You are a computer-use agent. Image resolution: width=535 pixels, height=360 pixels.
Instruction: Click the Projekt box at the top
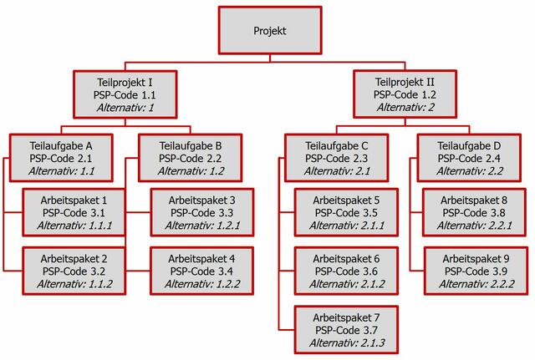tap(270, 30)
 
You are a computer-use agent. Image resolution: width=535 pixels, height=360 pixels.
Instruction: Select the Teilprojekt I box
tap(125, 94)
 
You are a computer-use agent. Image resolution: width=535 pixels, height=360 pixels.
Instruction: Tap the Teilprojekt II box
tap(405, 94)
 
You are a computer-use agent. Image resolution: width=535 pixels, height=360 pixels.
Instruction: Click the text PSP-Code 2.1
tap(61, 158)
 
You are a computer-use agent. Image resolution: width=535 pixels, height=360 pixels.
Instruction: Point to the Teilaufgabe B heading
tap(191, 146)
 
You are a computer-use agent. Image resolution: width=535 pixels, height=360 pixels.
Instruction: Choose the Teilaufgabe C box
tap(336, 158)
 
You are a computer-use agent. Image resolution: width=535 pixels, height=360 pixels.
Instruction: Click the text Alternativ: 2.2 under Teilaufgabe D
tap(470, 170)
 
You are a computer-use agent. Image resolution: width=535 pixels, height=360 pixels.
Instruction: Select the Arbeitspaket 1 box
tap(74, 212)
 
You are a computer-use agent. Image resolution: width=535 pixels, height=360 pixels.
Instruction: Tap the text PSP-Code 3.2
tap(74, 271)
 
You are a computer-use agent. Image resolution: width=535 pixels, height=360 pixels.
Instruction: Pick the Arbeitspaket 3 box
tap(202, 212)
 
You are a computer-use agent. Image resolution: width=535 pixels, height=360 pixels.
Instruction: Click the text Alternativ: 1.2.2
tap(202, 284)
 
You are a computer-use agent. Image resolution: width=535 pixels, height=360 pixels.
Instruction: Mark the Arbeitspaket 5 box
tap(346, 212)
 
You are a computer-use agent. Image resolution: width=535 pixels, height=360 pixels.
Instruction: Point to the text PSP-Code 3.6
tap(346, 271)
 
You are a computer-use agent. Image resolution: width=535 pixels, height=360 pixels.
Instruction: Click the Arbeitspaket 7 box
tap(346, 330)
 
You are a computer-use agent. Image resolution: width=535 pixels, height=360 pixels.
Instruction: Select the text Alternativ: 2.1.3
tap(347, 342)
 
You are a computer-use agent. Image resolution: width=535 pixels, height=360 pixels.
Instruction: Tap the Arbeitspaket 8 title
tap(474, 200)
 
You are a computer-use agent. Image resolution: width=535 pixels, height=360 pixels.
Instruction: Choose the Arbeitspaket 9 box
tap(476, 271)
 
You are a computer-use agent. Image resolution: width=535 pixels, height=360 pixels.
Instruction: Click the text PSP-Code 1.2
tap(405, 94)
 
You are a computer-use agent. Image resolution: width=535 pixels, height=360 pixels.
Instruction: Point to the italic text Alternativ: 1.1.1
tap(74, 226)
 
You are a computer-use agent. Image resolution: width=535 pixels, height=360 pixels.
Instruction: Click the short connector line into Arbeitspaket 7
tap(287, 330)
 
